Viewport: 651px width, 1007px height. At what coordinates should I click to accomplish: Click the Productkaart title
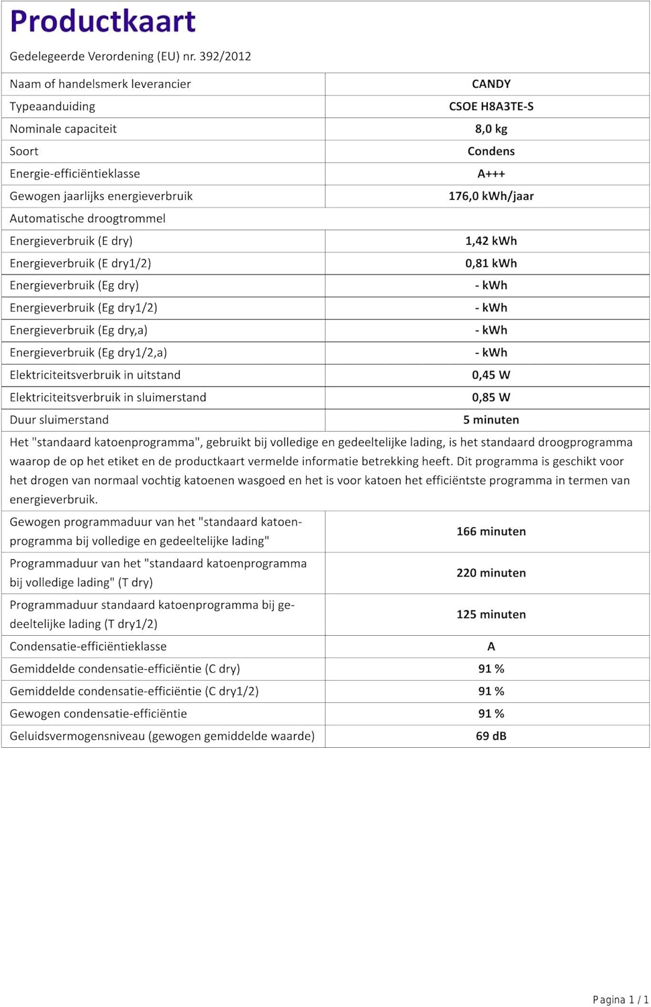103,21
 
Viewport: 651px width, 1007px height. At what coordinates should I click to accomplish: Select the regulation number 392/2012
225,56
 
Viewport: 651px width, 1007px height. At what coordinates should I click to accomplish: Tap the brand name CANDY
491,84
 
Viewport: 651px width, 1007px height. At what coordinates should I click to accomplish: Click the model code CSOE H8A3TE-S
491,106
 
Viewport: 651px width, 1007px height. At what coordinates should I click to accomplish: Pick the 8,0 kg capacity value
491,129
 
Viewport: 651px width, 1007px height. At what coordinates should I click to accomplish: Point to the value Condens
491,151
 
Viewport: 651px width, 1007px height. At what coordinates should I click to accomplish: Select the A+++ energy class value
491,174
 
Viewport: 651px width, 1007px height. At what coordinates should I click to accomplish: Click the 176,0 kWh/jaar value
491,196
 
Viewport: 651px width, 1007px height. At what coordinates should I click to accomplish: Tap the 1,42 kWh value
491,241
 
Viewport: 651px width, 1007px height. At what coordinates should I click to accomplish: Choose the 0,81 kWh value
491,263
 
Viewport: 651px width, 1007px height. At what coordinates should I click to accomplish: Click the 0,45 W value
491,375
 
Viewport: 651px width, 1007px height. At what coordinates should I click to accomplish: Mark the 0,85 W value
491,397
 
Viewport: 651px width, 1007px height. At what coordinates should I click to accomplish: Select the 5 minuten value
491,420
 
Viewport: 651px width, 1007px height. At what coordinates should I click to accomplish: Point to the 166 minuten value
491,531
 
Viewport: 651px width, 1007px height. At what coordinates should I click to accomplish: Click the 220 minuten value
491,573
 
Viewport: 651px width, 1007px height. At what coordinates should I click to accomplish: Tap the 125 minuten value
491,614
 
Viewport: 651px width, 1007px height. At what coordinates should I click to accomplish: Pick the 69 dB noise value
491,736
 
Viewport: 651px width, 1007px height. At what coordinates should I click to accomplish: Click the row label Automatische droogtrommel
87,218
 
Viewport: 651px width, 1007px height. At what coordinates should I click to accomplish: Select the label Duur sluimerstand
59,420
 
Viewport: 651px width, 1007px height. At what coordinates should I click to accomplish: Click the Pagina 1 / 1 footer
620,1000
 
